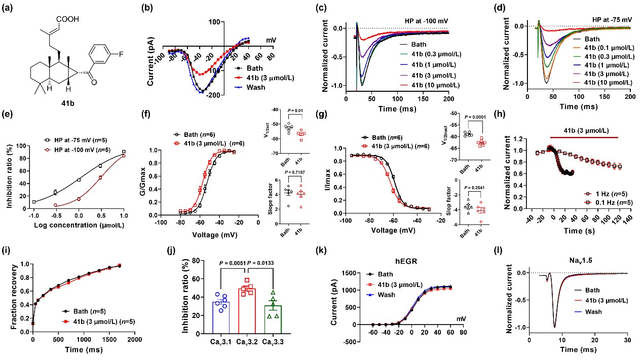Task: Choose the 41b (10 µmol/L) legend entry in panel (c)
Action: [x=434, y=85]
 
